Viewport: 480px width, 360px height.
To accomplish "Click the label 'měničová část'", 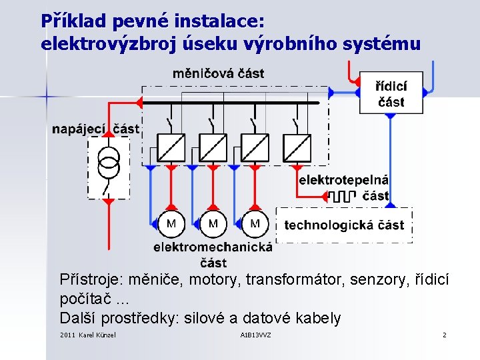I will point(218,73).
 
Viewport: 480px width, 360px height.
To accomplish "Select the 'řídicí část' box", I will point(391,92).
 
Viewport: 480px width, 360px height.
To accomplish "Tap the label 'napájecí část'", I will point(96,129).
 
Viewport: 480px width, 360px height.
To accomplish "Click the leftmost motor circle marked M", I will point(171,224).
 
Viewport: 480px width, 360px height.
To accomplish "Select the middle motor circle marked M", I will point(213,224).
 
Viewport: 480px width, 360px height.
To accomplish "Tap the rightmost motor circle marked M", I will point(255,224).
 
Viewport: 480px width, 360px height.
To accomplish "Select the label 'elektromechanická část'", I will point(213,254).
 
